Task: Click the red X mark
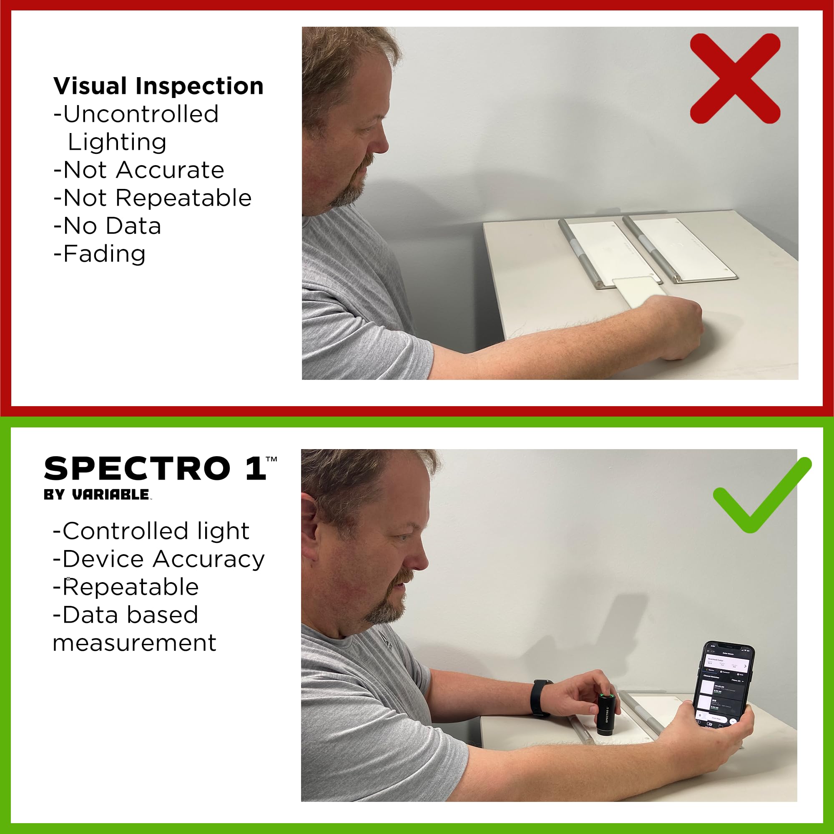[x=735, y=78]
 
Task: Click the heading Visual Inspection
[x=158, y=86]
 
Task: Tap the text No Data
[x=112, y=226]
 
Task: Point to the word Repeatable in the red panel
[x=183, y=198]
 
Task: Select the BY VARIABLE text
[x=97, y=495]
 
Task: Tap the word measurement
[x=134, y=643]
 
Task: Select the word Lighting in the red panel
[x=117, y=142]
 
